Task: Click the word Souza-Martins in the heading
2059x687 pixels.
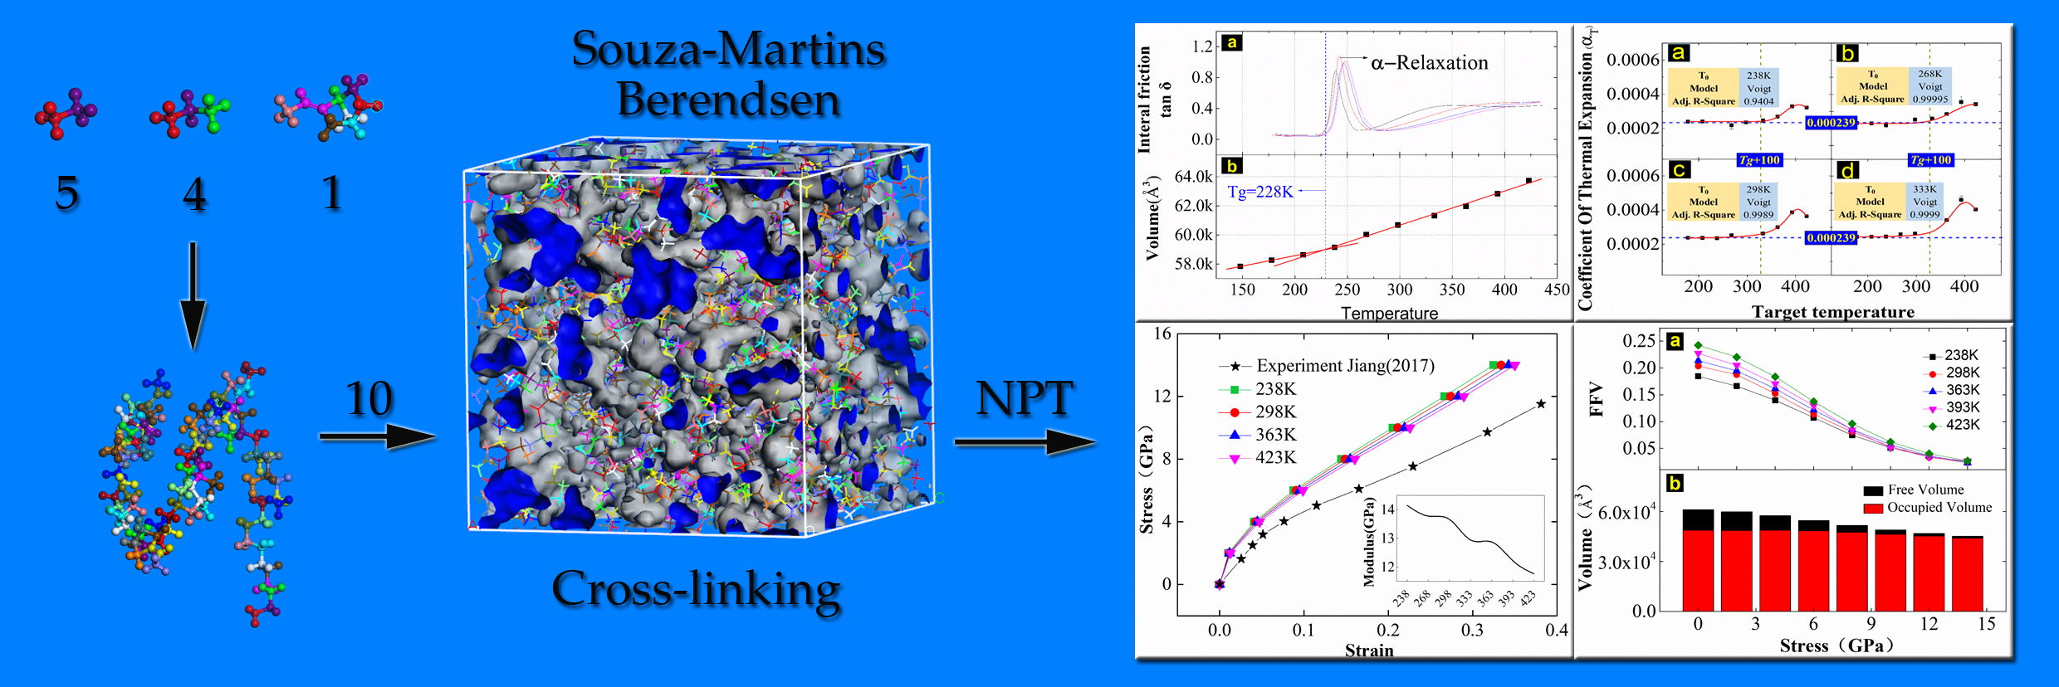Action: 728,49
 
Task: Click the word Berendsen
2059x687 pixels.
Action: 728,100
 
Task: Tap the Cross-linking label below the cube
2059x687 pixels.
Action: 696,590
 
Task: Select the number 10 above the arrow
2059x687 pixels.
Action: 368,399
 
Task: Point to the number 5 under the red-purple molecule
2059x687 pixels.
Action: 66,193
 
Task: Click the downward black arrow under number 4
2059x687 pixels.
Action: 193,295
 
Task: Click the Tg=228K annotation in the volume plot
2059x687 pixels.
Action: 1259,192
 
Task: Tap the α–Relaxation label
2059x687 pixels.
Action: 1429,63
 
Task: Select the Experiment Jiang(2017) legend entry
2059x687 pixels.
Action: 1344,366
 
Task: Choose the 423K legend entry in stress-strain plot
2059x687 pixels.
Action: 1274,458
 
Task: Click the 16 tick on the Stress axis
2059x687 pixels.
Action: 1162,334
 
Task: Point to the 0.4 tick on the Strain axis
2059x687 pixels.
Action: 1556,630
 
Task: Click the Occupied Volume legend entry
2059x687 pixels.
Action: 1939,507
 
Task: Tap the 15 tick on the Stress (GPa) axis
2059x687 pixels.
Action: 1986,624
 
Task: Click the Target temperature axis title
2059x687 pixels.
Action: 1832,312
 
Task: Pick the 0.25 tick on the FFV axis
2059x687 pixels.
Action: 1638,340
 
